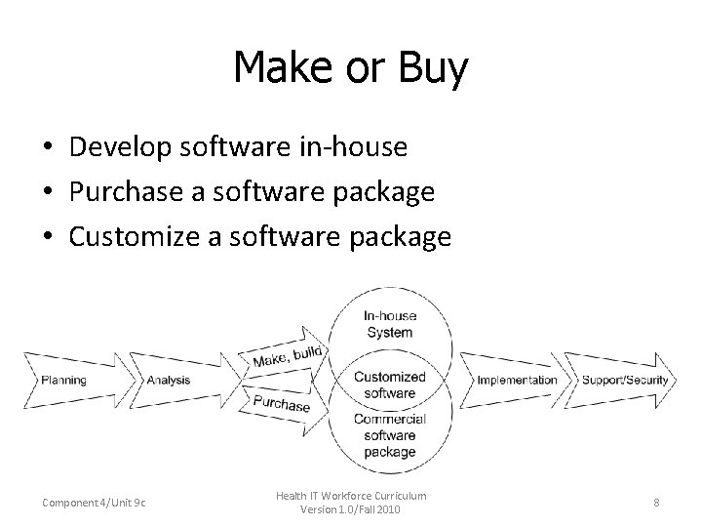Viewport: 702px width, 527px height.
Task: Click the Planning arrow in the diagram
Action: point(63,380)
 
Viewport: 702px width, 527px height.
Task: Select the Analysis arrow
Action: point(170,380)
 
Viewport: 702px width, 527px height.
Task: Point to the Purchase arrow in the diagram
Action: point(283,401)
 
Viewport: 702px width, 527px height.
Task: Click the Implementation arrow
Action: point(517,380)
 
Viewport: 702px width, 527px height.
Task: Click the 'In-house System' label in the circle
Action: point(389,324)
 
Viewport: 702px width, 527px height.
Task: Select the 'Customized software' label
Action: point(389,385)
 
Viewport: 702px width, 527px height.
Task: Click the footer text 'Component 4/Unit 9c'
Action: point(94,503)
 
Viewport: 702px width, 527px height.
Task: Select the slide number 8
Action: point(656,503)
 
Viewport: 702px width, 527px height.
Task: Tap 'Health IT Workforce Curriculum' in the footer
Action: point(351,496)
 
